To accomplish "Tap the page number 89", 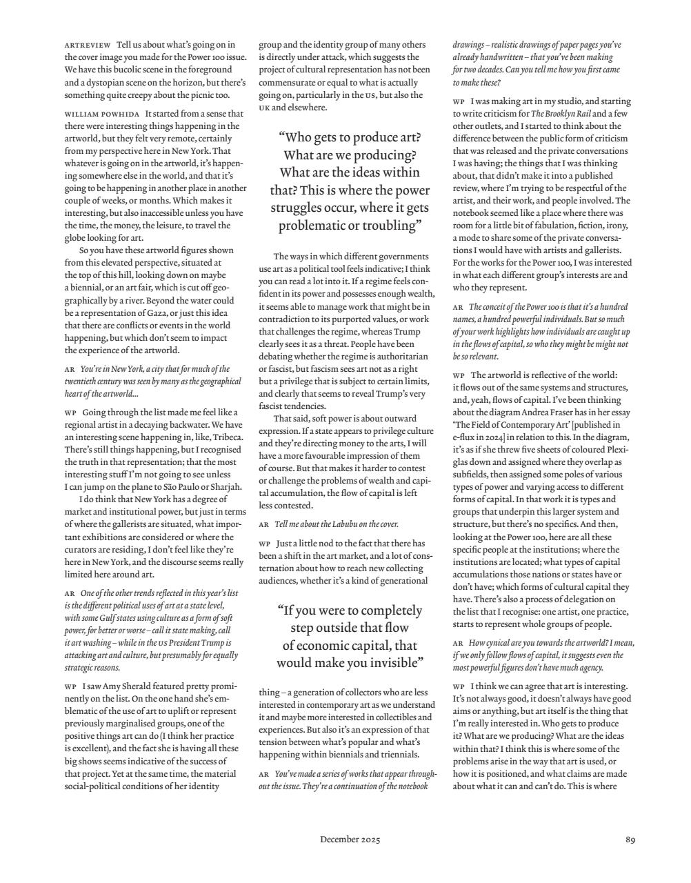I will [x=630, y=840].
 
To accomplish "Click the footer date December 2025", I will [x=350, y=840].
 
